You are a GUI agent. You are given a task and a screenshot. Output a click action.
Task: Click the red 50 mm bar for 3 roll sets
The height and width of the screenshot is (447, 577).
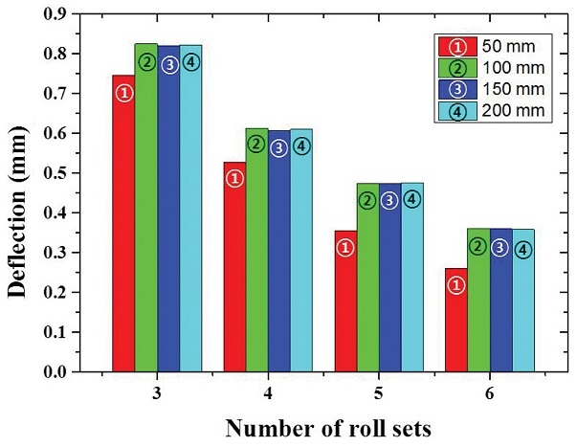[x=123, y=230]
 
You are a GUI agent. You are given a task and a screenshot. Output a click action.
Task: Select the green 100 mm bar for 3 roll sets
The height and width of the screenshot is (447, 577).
[x=146, y=211]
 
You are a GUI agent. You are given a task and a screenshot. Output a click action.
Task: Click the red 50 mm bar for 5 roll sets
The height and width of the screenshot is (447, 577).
[x=345, y=306]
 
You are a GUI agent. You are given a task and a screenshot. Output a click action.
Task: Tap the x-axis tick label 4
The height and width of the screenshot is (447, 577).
[x=267, y=392]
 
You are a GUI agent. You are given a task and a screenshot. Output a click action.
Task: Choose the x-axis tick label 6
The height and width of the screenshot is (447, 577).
[x=489, y=392]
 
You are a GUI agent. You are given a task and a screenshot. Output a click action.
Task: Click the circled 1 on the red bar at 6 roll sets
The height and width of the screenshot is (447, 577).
[x=456, y=285]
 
